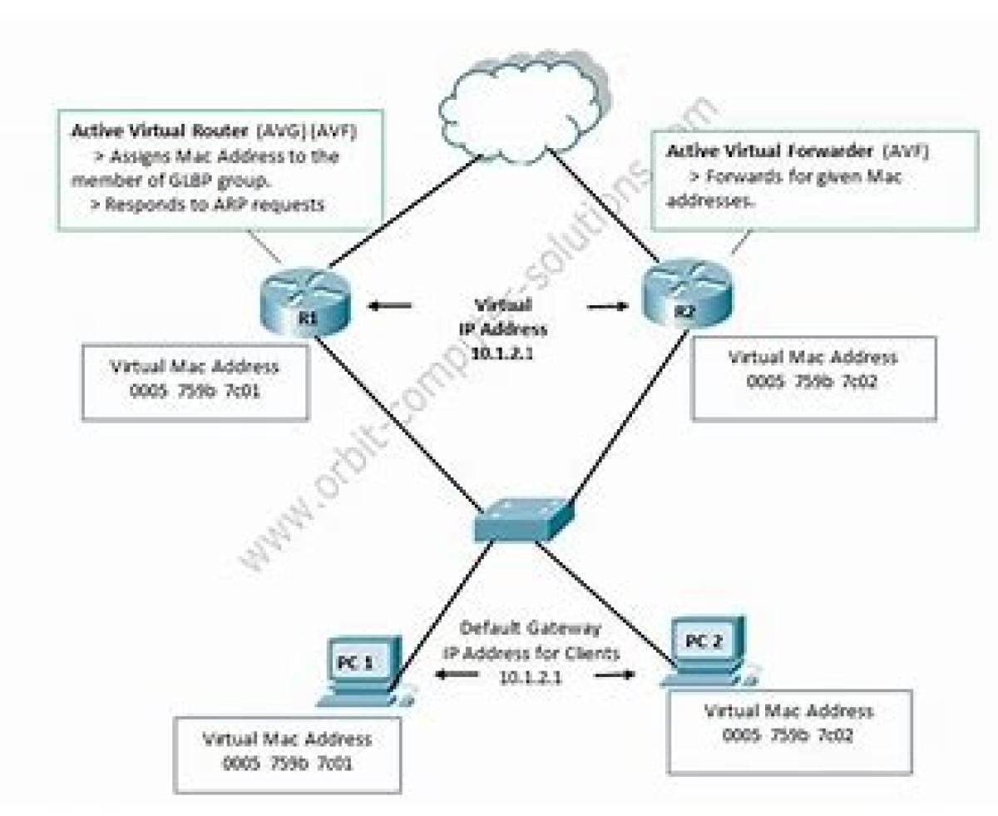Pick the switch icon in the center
522,520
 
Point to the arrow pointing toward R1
390,306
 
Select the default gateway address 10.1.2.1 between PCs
530,676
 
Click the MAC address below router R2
813,382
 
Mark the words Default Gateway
531,629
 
